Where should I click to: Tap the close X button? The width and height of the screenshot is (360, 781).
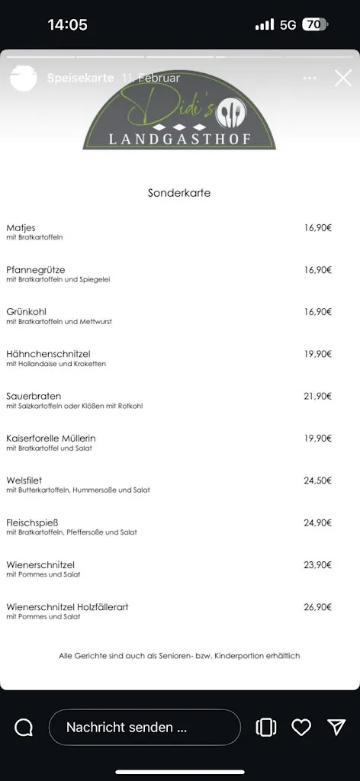343,78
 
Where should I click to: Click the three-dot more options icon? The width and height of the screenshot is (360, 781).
309,78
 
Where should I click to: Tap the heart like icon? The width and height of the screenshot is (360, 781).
301,728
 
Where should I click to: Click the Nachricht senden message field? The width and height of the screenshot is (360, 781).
144,728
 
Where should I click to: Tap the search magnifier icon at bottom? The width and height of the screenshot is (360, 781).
24,728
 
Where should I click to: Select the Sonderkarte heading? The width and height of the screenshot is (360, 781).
179,193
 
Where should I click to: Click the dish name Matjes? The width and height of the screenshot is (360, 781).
21,228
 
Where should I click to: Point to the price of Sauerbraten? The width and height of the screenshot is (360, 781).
318,396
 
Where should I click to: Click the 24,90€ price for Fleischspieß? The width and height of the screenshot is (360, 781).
318,522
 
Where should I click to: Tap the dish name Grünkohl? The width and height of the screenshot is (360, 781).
24,312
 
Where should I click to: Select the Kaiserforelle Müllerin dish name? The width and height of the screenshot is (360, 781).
51,439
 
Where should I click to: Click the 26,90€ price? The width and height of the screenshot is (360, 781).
318,607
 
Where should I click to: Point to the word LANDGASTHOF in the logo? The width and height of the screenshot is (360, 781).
179,139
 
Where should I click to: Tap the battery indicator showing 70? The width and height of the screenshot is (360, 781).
314,24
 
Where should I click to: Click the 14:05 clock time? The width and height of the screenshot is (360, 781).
67,24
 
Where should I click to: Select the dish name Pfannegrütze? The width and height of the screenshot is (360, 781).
36,270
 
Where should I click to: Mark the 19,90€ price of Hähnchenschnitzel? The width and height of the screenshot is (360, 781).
318,354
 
